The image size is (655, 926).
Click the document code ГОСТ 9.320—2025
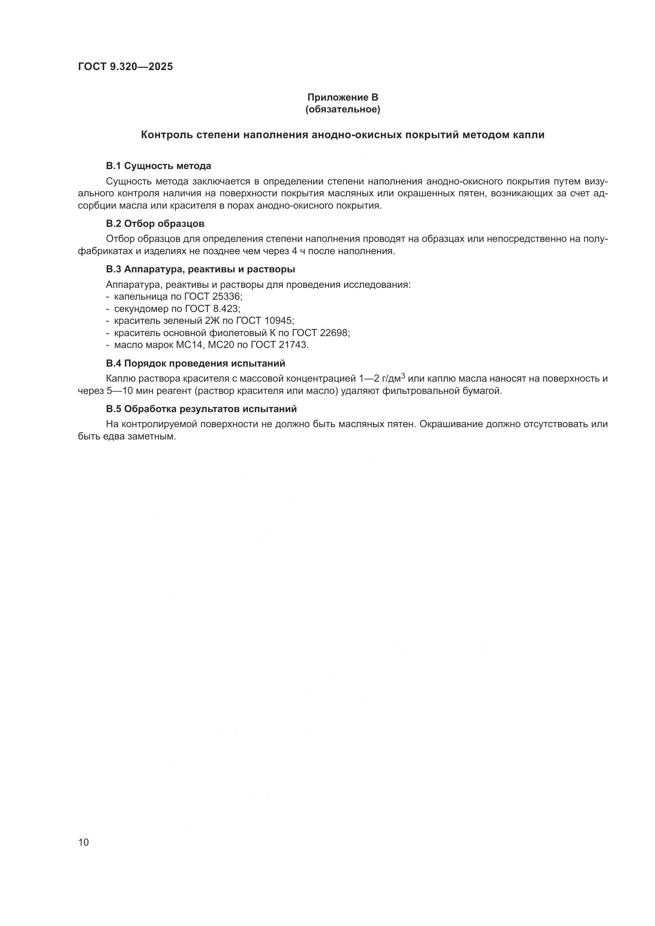click(x=125, y=67)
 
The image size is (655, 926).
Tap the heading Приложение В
click(x=343, y=97)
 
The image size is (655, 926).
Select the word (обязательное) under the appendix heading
click(x=343, y=109)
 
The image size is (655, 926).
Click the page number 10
click(x=84, y=842)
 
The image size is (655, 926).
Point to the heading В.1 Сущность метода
click(x=158, y=166)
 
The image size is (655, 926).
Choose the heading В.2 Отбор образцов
click(x=155, y=223)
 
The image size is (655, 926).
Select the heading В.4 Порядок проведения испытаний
click(x=196, y=363)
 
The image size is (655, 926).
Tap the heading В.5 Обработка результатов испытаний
click(x=201, y=409)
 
